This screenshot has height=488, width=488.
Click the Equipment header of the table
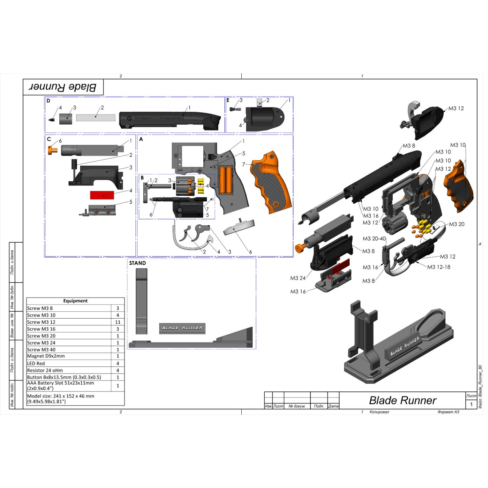pyautogui.click(x=75, y=301)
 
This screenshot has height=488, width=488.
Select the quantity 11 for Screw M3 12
pyautogui.click(x=118, y=322)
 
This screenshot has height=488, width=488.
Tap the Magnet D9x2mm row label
pyautogui.click(x=46, y=356)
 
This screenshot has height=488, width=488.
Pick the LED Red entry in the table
pyautogui.click(x=36, y=363)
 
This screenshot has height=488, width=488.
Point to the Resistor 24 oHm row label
pyautogui.click(x=45, y=370)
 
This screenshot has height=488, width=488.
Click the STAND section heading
pyautogui.click(x=137, y=263)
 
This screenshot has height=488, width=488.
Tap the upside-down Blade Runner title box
pyautogui.click(x=63, y=87)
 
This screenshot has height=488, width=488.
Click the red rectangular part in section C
pyautogui.click(x=102, y=195)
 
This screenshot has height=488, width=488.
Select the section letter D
pyautogui.click(x=48, y=101)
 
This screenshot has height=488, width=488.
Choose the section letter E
pyautogui.click(x=228, y=100)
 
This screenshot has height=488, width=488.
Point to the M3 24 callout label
pyautogui.click(x=298, y=278)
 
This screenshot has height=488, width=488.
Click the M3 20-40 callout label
pyautogui.click(x=374, y=239)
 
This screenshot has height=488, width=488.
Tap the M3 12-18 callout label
pyautogui.click(x=439, y=267)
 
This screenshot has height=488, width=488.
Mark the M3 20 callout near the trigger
pyautogui.click(x=456, y=224)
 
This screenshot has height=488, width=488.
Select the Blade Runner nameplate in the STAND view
pyautogui.click(x=182, y=328)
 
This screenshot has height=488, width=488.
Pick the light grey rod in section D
pyautogui.click(x=96, y=118)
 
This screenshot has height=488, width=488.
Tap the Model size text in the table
pyautogui.click(x=61, y=399)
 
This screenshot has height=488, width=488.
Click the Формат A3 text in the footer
pyautogui.click(x=448, y=412)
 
